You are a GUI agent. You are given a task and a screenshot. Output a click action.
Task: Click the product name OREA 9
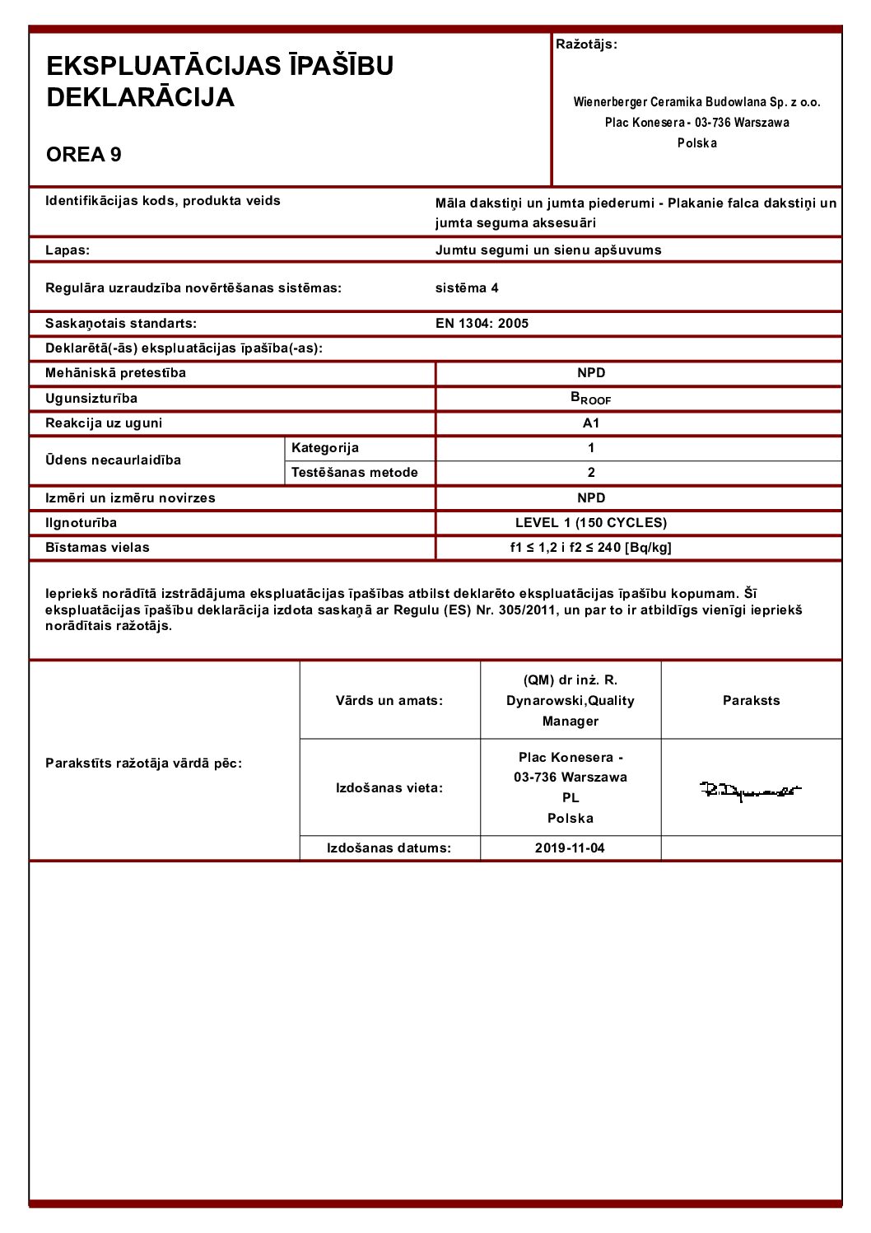[84, 155]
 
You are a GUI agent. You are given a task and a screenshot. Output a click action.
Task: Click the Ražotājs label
[586, 44]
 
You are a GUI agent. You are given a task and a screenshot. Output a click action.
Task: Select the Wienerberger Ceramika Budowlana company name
[696, 102]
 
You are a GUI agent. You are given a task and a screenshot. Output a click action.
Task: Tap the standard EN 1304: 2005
[482, 324]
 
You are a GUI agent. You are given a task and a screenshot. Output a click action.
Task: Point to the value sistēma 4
[467, 288]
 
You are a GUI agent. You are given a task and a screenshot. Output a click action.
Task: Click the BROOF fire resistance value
[591, 399]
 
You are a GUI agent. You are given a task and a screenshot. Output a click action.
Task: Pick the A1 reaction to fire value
[591, 423]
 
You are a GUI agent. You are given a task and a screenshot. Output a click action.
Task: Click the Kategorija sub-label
[325, 448]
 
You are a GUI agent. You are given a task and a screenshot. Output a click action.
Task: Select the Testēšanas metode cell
[355, 473]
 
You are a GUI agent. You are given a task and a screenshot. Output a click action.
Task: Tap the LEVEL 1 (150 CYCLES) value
[591, 523]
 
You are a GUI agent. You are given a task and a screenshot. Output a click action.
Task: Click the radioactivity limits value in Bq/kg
[591, 548]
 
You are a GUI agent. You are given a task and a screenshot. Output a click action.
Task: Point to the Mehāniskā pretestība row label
[115, 373]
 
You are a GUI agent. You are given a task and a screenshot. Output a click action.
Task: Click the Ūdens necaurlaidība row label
[113, 460]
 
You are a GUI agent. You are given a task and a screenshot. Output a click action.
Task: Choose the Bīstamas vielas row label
[97, 548]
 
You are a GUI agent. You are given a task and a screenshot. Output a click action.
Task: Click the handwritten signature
[750, 791]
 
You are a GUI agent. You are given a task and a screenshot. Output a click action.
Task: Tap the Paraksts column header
[751, 701]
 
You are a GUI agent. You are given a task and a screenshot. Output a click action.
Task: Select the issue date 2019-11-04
[570, 848]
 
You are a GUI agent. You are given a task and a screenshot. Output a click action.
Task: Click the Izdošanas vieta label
[389, 788]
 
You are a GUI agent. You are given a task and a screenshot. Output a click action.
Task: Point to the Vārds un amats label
[389, 701]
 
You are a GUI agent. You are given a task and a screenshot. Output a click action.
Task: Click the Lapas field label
[68, 250]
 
